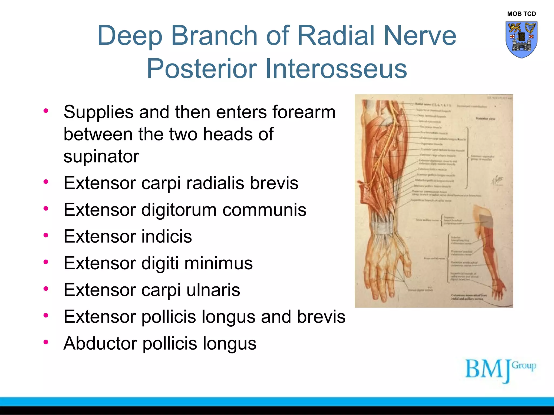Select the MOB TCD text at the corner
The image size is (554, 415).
point(521,14)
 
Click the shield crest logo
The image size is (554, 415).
point(521,39)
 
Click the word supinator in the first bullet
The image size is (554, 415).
point(101,156)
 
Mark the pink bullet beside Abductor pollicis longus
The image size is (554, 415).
point(46,342)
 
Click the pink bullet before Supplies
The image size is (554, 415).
point(46,111)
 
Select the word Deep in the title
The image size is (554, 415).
point(130,35)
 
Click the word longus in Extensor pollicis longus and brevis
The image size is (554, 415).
point(226,317)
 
